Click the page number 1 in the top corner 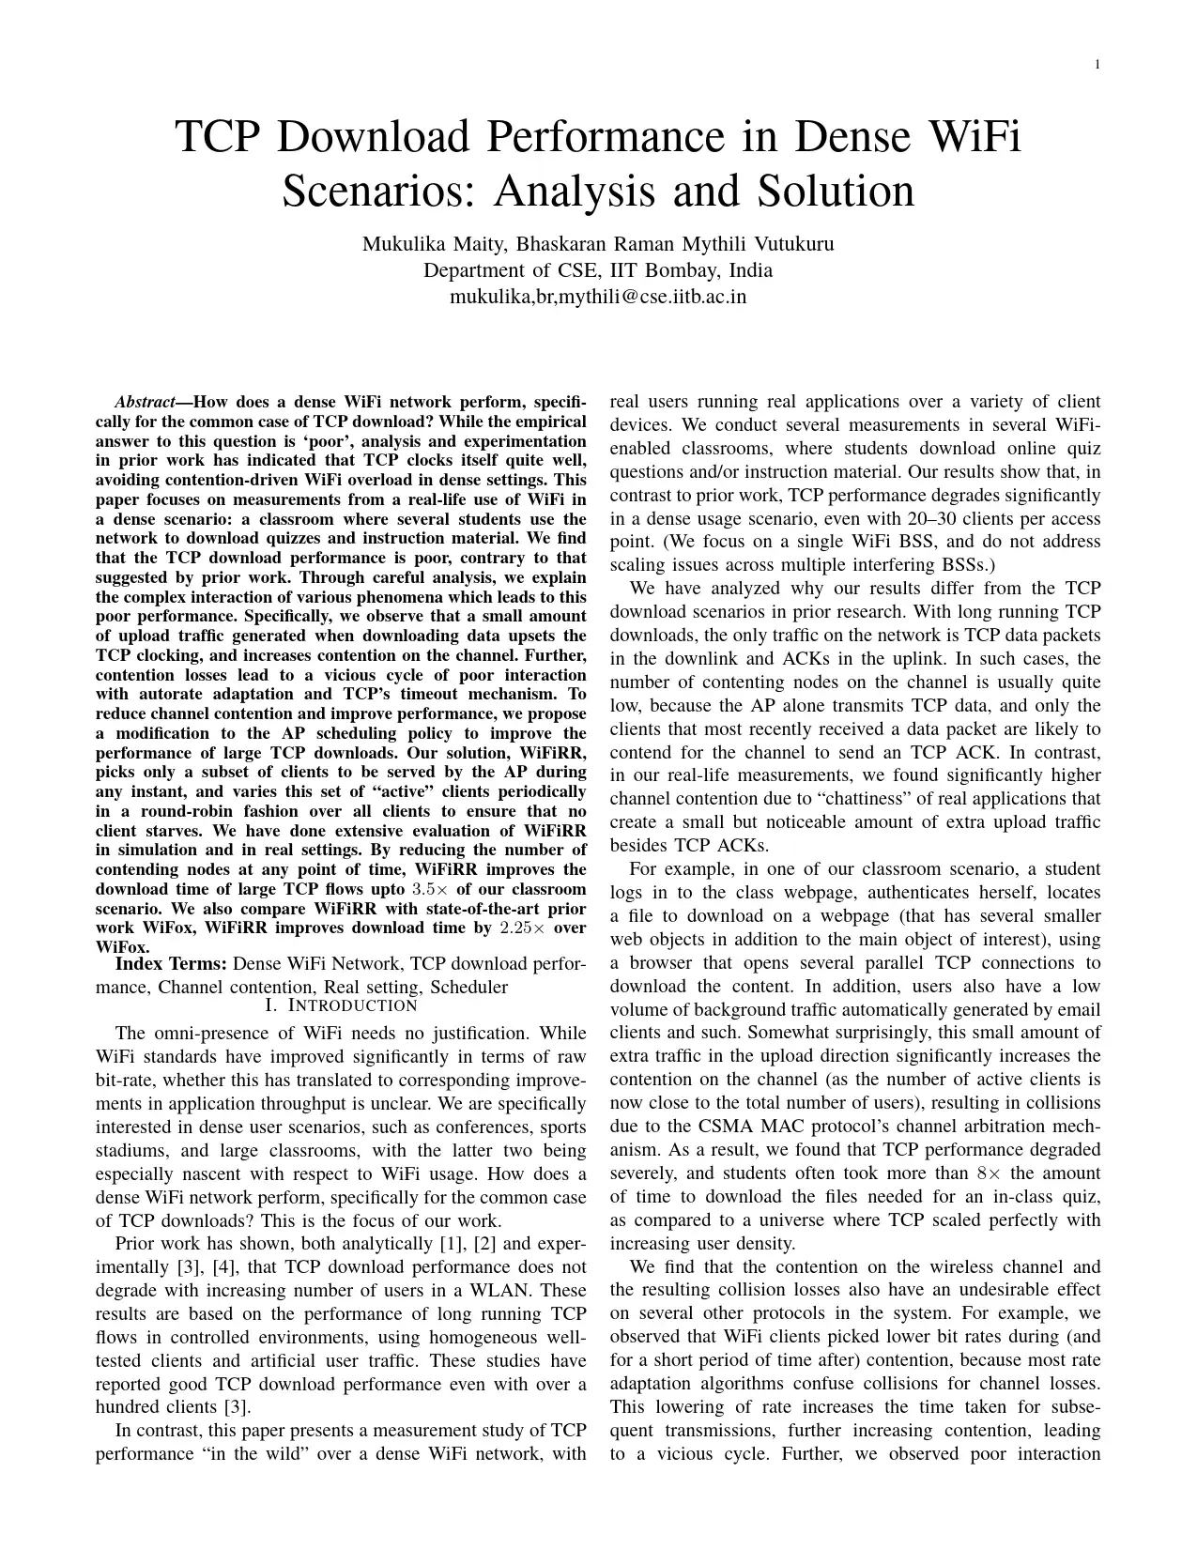click(x=1097, y=64)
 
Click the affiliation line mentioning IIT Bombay click(x=598, y=271)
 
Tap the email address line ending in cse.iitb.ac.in click(x=598, y=298)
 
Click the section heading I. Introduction click(x=341, y=1006)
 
